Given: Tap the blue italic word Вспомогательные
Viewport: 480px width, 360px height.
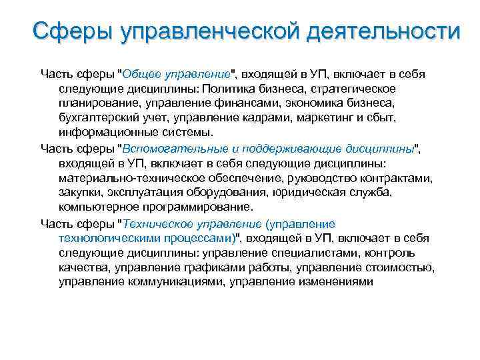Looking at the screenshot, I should [x=177, y=147].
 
